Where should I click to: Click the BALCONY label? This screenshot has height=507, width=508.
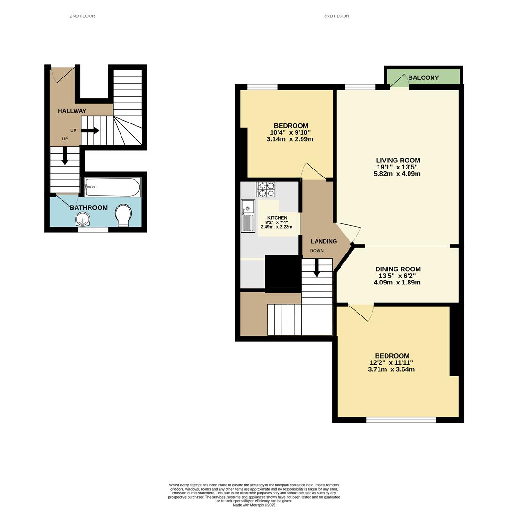423,77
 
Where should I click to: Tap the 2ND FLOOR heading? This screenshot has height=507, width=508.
83,16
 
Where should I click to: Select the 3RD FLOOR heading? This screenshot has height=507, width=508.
336,16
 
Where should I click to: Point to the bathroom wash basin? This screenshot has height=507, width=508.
83,219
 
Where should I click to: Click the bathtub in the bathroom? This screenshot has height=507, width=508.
113,187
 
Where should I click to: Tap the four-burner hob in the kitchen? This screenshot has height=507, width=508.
265,189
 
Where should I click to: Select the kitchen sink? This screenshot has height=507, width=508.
247,215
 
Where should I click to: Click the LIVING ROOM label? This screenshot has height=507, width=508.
398,160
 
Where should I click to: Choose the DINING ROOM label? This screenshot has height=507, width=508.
398,269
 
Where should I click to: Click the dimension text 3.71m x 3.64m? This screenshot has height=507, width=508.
391,369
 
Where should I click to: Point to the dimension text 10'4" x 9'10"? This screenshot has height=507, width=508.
290,132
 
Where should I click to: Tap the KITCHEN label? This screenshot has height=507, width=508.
277,218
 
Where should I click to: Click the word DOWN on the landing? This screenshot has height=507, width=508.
317,251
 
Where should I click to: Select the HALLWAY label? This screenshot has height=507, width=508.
72,111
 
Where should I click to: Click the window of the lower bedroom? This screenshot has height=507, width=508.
401,420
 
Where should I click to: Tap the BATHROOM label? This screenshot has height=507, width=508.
89,207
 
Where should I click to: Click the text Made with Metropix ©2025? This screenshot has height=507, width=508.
254,505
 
